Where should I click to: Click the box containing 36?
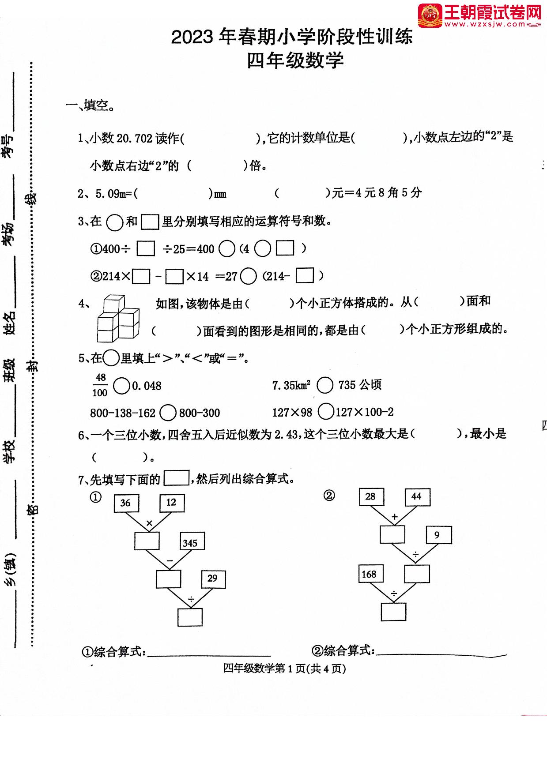126,503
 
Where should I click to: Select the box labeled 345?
192,542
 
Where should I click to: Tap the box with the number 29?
213,579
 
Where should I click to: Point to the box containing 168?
370,574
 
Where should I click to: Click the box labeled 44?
417,497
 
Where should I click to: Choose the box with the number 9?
438,535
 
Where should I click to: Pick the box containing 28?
371,497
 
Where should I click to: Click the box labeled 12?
172,503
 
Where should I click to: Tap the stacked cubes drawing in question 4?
118,319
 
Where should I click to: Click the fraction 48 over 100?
100,385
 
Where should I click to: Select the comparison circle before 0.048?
121,386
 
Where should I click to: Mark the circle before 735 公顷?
325,385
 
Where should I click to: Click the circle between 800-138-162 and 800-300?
167,413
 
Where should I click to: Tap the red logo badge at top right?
430,15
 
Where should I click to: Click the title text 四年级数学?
295,61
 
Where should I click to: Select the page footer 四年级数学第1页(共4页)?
284,669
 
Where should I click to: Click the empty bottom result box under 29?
190,617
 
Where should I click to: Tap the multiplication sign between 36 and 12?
149,524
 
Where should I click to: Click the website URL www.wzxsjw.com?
491,25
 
